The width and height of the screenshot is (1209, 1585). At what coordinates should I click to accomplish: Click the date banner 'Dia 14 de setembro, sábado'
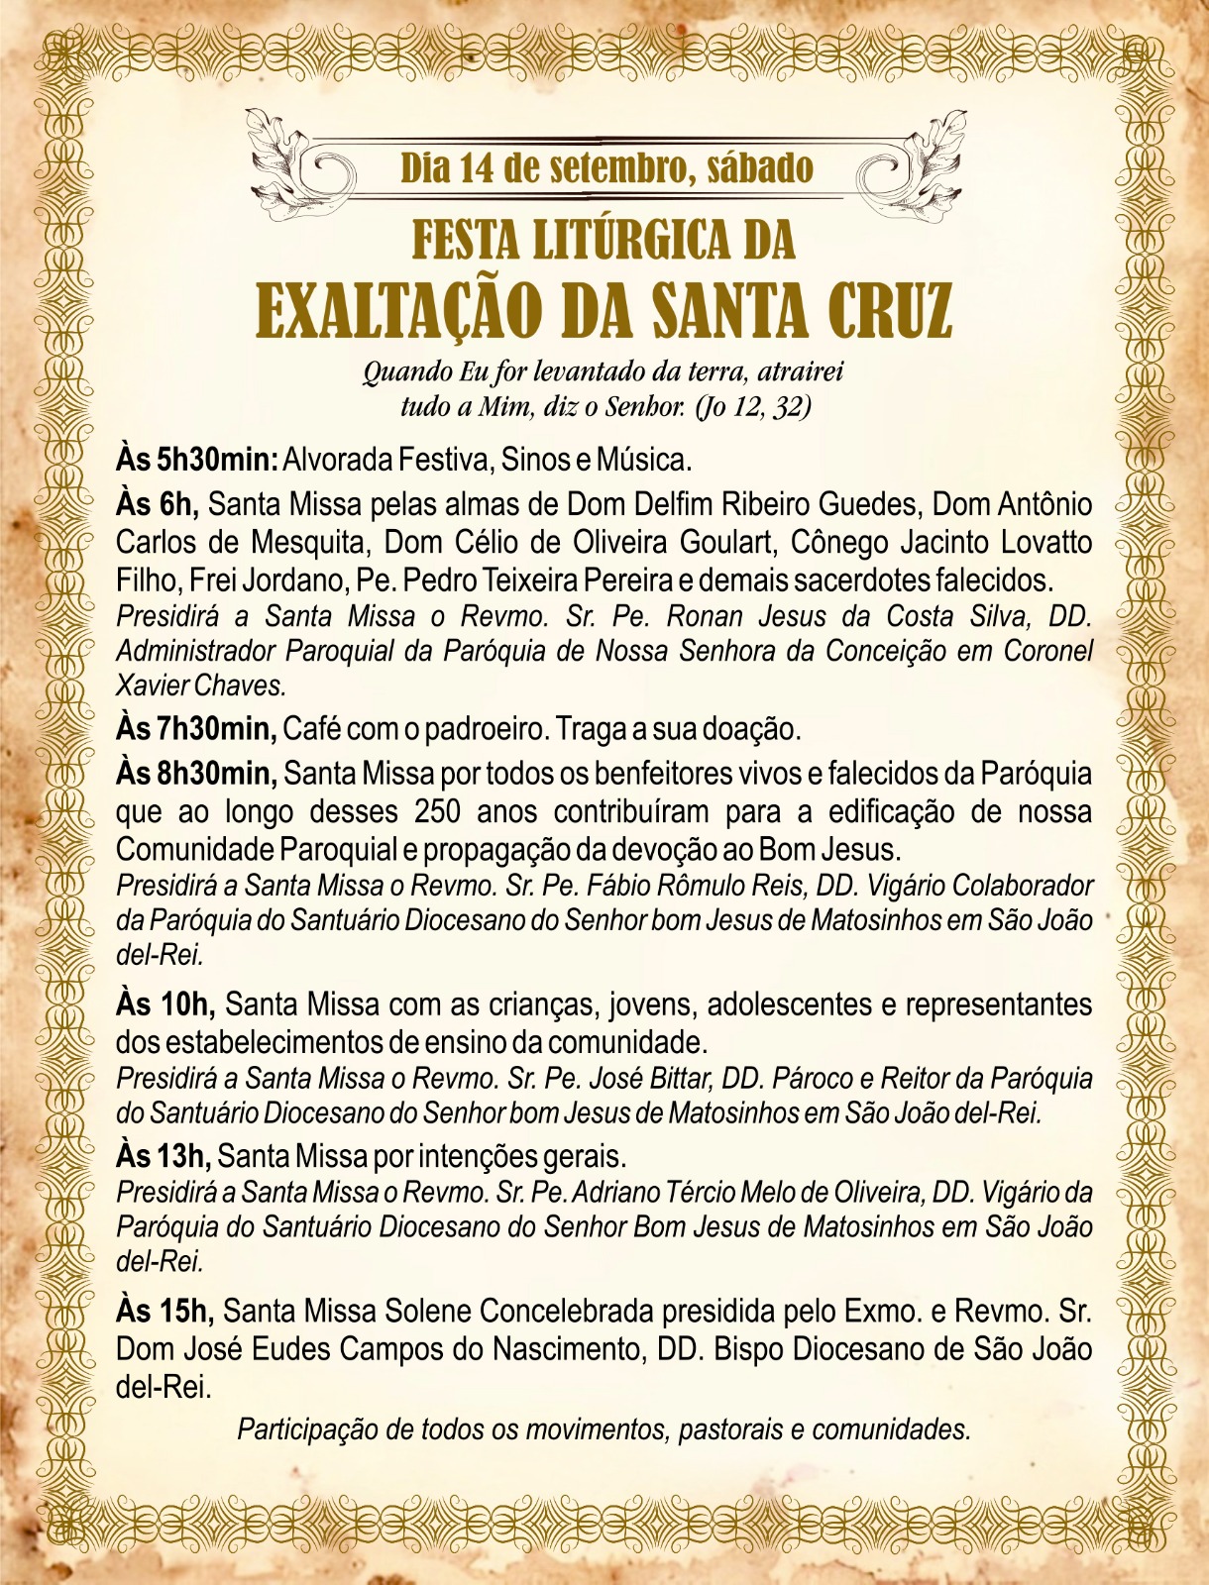tap(606, 168)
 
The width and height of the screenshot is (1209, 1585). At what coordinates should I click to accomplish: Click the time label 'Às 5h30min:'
tap(196, 461)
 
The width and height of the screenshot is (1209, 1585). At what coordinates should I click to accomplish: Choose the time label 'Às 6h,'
tap(158, 505)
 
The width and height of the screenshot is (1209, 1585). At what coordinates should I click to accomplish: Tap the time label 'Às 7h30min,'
tap(196, 730)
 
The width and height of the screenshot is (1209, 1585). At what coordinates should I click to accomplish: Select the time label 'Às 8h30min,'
tap(196, 773)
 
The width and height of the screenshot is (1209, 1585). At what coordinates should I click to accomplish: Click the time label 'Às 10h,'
tap(165, 1004)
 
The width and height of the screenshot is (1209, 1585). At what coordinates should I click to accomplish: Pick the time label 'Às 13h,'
tap(164, 1156)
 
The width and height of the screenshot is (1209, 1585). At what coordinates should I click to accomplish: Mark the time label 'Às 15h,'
tap(165, 1312)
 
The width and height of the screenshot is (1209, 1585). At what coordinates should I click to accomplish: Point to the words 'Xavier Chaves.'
tap(201, 686)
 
